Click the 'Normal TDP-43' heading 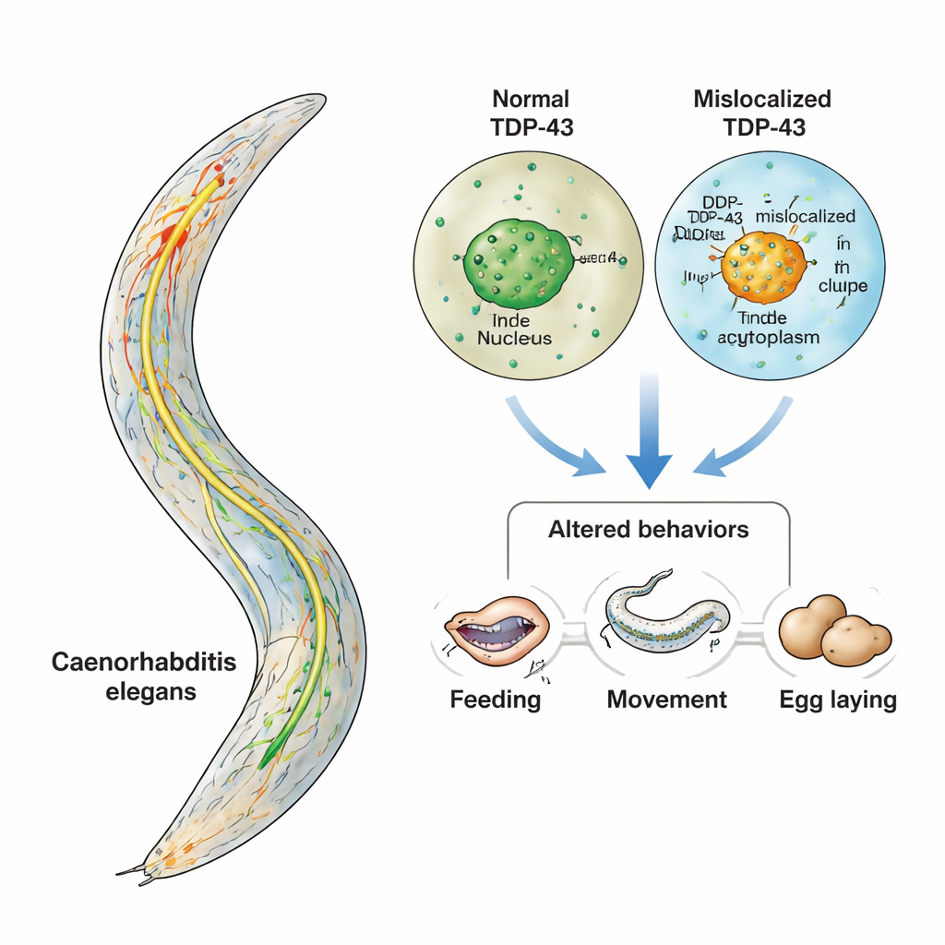pyautogui.click(x=531, y=113)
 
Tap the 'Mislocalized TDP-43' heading pyautogui.click(x=762, y=113)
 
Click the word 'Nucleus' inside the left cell pyautogui.click(x=514, y=338)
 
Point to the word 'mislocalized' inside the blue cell pyautogui.click(x=805, y=216)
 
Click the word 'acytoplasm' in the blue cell pyautogui.click(x=769, y=338)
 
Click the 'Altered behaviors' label pyautogui.click(x=648, y=530)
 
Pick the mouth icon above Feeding pyautogui.click(x=496, y=630)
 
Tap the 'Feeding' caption pyautogui.click(x=496, y=699)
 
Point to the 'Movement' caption pyautogui.click(x=666, y=699)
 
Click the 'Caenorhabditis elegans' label pyautogui.click(x=143, y=676)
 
